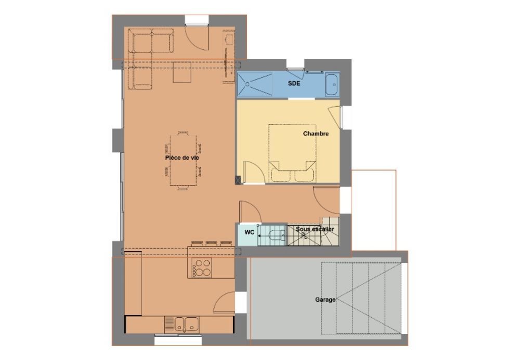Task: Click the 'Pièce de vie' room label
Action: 182,158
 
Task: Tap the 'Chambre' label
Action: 316,134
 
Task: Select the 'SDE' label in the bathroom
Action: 294,83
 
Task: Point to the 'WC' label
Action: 250,232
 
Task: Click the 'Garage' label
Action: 325,300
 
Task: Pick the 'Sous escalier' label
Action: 315,229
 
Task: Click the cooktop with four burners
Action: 202,267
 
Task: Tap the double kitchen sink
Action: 181,325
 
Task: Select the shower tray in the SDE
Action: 255,85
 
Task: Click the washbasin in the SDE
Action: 332,85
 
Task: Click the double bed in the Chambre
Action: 292,153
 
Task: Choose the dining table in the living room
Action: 183,161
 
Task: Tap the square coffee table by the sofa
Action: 182,72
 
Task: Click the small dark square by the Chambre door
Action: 238,180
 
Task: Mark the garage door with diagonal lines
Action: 361,298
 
